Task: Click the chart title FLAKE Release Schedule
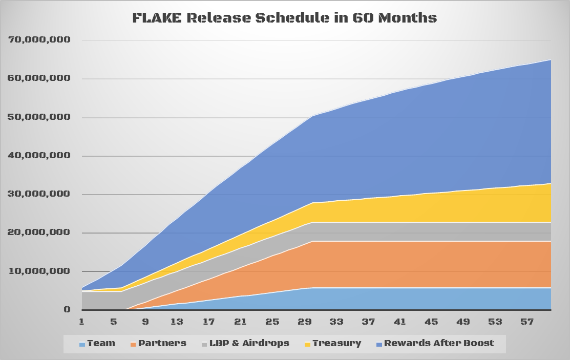coord(285,18)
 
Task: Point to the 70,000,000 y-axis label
coord(39,39)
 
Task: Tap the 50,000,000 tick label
coord(39,117)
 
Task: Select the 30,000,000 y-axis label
coord(39,194)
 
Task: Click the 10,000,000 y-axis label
coord(39,271)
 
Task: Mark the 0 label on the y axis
coord(67,309)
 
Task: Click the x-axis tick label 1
coord(81,322)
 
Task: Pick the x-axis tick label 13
coord(177,322)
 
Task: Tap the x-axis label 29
coord(305,322)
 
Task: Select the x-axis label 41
coord(400,322)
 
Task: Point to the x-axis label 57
coord(527,322)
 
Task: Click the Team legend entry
coord(97,343)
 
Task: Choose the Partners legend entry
coord(158,343)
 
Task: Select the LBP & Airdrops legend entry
coord(245,343)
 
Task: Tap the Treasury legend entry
coord(332,343)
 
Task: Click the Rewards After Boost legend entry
coord(435,343)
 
